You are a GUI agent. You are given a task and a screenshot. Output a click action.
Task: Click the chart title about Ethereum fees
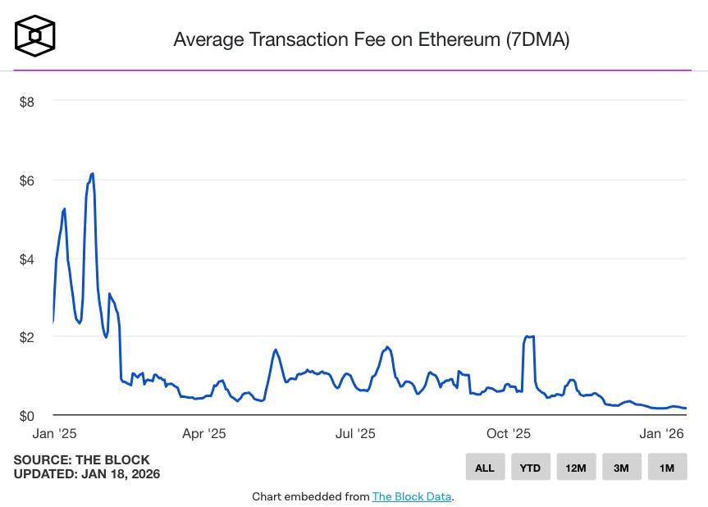click(371, 39)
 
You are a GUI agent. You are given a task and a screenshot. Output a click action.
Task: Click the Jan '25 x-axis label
click(54, 433)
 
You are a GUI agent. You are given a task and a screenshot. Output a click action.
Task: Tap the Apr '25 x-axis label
click(204, 433)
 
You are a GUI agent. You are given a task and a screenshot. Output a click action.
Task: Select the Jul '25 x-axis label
click(355, 433)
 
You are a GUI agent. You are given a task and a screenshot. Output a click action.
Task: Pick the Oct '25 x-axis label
click(509, 433)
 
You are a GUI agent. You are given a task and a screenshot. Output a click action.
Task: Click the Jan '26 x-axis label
click(661, 433)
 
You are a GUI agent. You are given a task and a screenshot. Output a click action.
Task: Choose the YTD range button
click(530, 468)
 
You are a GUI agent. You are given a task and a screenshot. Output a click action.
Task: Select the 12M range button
click(576, 468)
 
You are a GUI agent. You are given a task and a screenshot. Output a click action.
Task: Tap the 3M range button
click(621, 468)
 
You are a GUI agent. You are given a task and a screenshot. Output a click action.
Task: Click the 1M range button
click(666, 468)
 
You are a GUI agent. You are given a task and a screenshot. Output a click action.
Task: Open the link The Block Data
click(412, 496)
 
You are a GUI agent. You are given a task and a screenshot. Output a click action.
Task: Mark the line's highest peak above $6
click(92, 174)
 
